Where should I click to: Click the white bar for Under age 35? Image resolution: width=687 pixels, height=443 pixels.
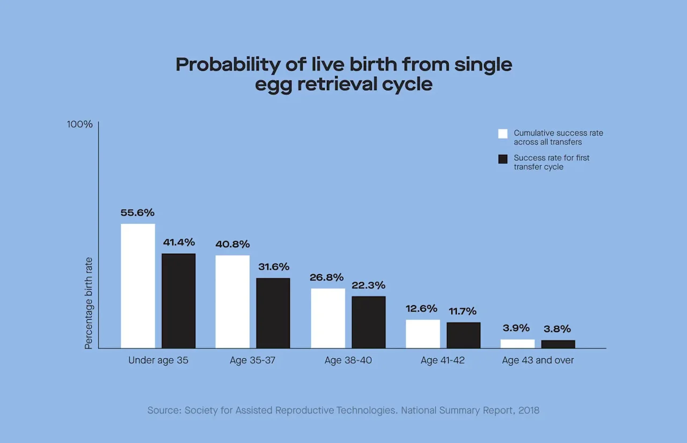[138, 286]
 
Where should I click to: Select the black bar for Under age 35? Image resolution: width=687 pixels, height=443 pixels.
[179, 301]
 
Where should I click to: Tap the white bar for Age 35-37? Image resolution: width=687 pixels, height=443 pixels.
[232, 301]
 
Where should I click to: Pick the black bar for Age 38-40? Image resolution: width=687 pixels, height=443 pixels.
[369, 322]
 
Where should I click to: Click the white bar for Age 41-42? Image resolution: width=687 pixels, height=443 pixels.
[423, 334]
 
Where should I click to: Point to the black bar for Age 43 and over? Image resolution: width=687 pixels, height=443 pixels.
[558, 344]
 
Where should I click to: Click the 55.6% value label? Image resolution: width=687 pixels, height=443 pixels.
[137, 213]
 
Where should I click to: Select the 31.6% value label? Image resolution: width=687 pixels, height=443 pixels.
[273, 267]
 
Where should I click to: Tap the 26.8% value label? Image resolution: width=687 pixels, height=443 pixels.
[326, 278]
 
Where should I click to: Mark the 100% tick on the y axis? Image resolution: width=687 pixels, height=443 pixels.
[80, 124]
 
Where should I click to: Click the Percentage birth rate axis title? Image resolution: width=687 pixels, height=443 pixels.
[89, 304]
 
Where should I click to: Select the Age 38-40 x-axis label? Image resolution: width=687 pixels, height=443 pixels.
[348, 360]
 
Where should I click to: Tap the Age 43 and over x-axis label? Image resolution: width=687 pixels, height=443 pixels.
[538, 360]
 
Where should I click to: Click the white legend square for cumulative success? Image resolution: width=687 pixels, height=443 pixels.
[503, 134]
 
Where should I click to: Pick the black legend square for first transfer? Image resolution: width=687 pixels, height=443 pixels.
[503, 159]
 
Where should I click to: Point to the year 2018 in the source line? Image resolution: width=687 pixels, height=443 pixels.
[529, 410]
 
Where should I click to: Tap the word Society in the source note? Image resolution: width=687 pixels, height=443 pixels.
[203, 410]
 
